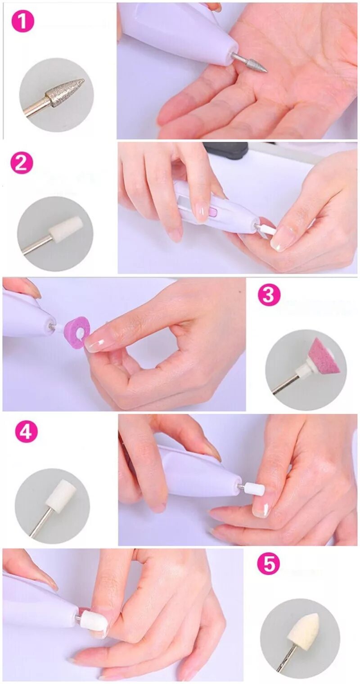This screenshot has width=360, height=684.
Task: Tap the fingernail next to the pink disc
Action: [96, 340]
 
